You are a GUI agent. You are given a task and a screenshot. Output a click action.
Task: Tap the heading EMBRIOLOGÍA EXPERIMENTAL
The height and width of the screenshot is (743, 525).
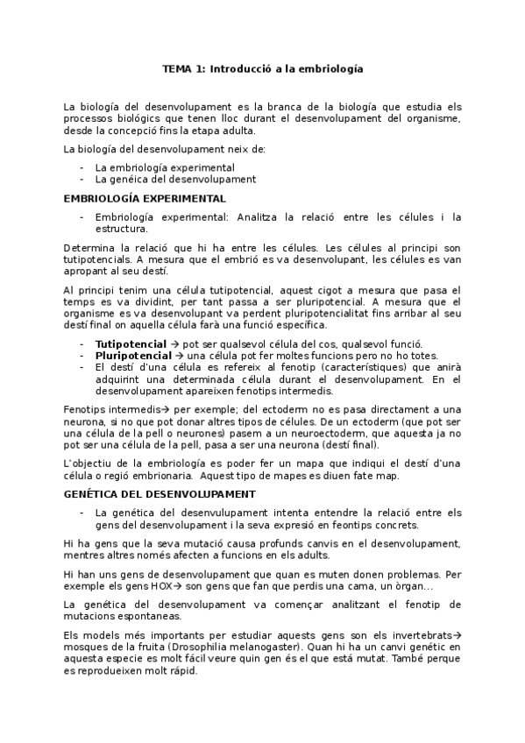[x=145, y=199]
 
